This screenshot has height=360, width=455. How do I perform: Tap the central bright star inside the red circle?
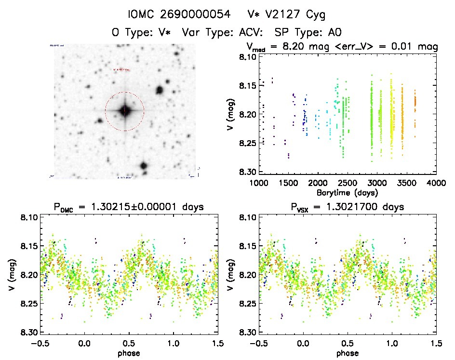125,111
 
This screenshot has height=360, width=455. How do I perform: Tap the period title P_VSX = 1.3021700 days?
347,207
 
